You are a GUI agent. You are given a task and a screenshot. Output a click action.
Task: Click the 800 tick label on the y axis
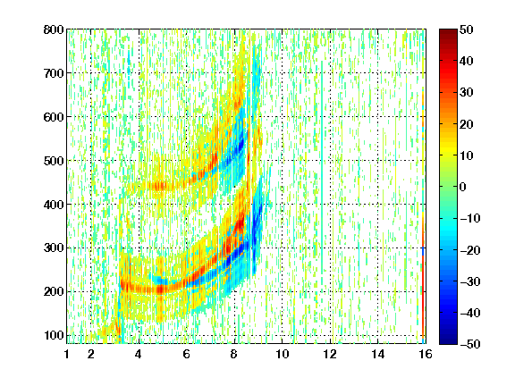[54, 29]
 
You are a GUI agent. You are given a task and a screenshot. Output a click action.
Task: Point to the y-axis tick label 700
[54, 73]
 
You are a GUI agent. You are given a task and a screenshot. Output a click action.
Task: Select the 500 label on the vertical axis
[54, 161]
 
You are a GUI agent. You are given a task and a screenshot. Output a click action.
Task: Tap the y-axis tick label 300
[54, 248]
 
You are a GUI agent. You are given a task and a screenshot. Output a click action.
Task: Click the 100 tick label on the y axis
[54, 335]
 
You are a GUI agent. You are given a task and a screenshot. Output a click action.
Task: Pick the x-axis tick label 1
[67, 354]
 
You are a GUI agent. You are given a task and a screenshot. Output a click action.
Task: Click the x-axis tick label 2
[91, 354]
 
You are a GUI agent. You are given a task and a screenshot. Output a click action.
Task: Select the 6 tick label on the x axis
[187, 354]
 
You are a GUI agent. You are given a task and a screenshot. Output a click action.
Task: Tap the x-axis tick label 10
[283, 354]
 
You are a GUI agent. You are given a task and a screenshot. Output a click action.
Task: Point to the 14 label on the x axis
[378, 354]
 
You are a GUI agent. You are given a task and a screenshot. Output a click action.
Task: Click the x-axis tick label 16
[426, 354]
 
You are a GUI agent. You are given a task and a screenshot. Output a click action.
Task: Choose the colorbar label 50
[467, 29]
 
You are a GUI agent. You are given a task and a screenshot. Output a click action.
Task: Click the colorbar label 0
[463, 187]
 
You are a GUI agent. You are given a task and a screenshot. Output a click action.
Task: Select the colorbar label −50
[470, 344]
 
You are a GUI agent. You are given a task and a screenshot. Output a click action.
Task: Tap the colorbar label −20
[470, 250]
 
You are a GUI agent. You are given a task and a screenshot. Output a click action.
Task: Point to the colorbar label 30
[467, 93]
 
